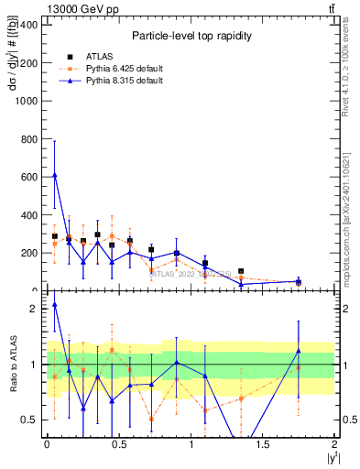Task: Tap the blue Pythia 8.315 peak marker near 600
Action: click(x=55, y=175)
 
